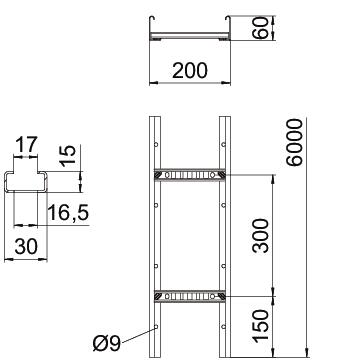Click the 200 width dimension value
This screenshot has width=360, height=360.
[x=190, y=70]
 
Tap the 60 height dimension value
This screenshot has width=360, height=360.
[x=262, y=28]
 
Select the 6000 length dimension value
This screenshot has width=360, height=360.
[x=295, y=142]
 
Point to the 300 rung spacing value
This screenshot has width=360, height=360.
[x=260, y=235]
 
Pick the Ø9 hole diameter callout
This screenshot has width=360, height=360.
[x=107, y=343]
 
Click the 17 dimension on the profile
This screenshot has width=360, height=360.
[x=26, y=144]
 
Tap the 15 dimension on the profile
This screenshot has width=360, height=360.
[x=68, y=155]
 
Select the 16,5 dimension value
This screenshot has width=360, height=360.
[x=68, y=213]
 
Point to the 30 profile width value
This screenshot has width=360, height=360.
[x=26, y=247]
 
